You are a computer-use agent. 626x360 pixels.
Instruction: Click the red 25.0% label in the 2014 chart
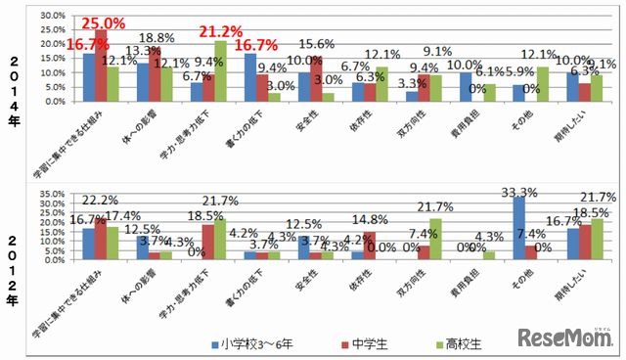coord(103,22)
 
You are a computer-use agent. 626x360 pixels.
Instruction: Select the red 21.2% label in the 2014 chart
coord(220,33)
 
